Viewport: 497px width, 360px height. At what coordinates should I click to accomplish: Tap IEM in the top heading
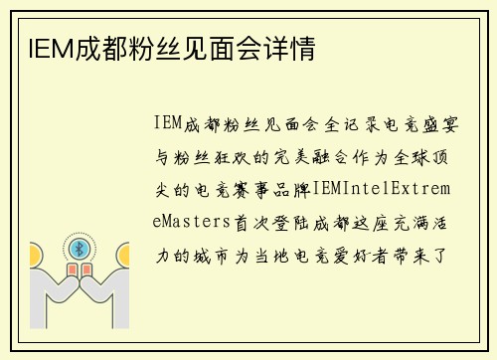click(37, 49)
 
